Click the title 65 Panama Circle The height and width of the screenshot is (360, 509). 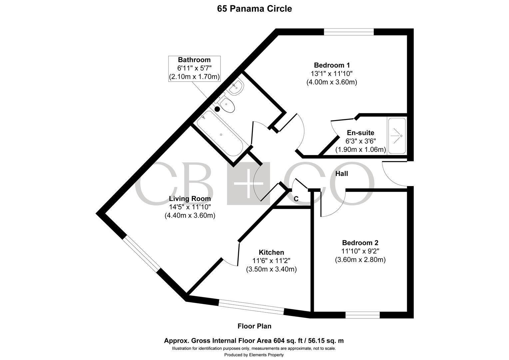254,9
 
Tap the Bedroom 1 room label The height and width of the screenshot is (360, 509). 332,65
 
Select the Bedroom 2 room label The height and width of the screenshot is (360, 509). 360,243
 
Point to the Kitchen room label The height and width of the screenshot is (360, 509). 271,252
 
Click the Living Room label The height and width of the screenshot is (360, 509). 190,199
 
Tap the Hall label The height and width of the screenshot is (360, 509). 341,174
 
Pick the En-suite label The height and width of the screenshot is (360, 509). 361,133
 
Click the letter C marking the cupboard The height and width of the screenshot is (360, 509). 296,199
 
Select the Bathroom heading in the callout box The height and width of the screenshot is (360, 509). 194,60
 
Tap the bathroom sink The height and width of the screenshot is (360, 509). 236,87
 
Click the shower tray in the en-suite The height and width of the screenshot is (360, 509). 397,136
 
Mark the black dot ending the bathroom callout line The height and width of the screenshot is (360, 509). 218,109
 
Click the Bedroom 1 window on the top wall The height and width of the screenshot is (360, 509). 349,32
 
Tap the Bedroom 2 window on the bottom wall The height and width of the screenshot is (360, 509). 363,315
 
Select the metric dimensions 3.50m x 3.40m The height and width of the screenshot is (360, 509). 271,269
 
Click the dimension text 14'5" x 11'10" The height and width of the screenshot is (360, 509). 190,207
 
